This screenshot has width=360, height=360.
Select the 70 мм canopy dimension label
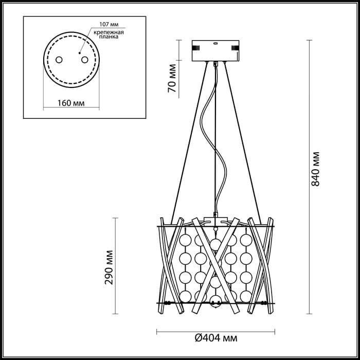173,79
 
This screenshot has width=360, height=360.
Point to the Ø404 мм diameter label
216,338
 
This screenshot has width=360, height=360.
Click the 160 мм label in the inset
71,103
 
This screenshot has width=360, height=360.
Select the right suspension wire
244,144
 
